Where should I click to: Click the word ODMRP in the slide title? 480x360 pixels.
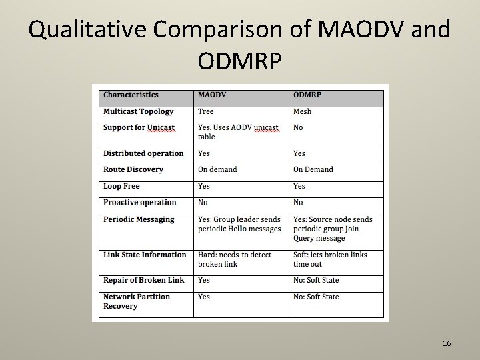[x=240, y=61]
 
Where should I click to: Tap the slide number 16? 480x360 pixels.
[x=447, y=343]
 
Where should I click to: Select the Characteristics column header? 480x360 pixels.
[x=131, y=95]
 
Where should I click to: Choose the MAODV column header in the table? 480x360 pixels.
[x=212, y=95]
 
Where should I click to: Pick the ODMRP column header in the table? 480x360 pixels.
[x=307, y=95]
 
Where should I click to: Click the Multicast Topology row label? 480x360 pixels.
[x=138, y=111]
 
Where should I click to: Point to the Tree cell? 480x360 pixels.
[x=205, y=111]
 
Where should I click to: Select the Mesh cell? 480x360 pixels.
[x=302, y=111]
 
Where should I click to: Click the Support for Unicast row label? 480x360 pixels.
[x=139, y=127]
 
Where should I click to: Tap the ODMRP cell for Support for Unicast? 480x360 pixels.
[x=298, y=127]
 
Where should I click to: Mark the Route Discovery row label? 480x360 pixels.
[x=133, y=169]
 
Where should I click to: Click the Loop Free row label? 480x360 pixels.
[x=121, y=186]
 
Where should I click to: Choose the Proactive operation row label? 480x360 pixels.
[x=140, y=203]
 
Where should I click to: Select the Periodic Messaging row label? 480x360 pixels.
[x=139, y=219]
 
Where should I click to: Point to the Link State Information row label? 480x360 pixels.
[x=145, y=255]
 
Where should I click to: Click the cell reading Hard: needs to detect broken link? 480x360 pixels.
[x=235, y=259]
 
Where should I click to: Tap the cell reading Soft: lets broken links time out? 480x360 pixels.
[x=330, y=259]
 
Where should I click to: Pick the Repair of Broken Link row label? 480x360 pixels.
[x=144, y=280]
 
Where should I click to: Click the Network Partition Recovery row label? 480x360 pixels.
[x=137, y=301]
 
